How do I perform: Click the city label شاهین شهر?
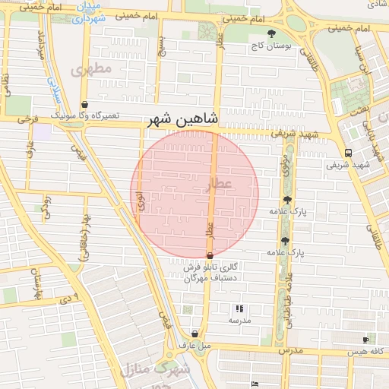point(182,119)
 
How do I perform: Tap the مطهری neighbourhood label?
point(91,69)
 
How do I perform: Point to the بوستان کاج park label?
point(276,46)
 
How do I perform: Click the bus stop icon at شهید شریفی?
point(347,151)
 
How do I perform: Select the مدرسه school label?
point(240,321)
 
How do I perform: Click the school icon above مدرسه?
point(239,308)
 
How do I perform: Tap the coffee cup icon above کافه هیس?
point(365,340)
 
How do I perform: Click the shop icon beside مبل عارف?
point(195,334)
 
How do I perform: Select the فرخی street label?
point(30,119)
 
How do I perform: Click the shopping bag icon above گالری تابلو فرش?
point(210,256)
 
